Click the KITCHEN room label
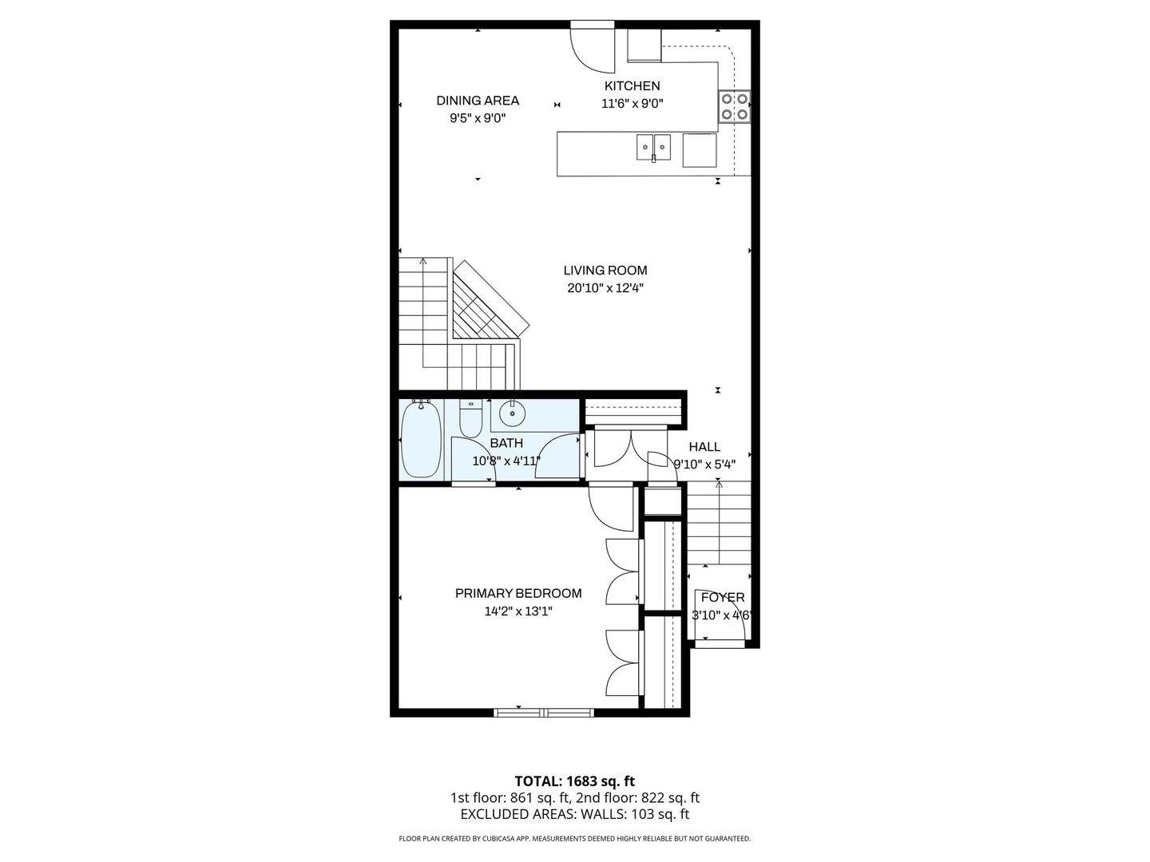pyautogui.click(x=632, y=86)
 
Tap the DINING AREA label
pyautogui.click(x=478, y=101)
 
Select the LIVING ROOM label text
pyautogui.click(x=605, y=270)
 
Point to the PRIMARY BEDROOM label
pyautogui.click(x=518, y=593)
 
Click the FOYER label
pyautogui.click(x=723, y=597)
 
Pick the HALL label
pyautogui.click(x=704, y=446)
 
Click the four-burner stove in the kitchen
pyautogui.click(x=734, y=107)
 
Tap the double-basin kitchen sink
pyautogui.click(x=653, y=147)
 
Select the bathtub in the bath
pyautogui.click(x=421, y=439)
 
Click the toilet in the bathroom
pyautogui.click(x=470, y=418)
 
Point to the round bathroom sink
pyautogui.click(x=512, y=415)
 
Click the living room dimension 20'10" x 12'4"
pyautogui.click(x=605, y=288)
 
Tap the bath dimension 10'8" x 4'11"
pyautogui.click(x=506, y=461)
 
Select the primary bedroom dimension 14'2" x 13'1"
pyautogui.click(x=518, y=611)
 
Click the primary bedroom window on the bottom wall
pyautogui.click(x=544, y=712)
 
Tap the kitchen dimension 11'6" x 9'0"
pyautogui.click(x=632, y=104)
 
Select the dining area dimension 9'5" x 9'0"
pyautogui.click(x=478, y=118)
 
